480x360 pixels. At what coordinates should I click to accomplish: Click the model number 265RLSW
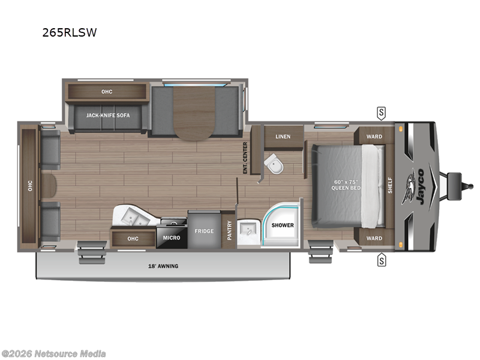(x=69, y=33)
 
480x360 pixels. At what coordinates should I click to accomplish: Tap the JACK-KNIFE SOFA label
(x=108, y=115)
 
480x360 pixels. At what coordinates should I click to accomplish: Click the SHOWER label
(x=283, y=225)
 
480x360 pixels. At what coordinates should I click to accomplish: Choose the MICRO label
(x=171, y=238)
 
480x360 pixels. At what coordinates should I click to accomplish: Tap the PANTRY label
(x=229, y=231)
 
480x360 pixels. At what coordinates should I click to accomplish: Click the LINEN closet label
(x=283, y=137)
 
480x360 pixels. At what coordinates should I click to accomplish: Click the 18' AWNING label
(x=164, y=266)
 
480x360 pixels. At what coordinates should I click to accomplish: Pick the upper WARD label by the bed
(x=374, y=136)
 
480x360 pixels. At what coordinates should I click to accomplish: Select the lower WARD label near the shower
(x=374, y=238)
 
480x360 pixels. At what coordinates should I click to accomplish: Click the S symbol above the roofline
(x=381, y=112)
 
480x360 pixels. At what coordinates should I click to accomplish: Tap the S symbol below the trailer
(x=381, y=260)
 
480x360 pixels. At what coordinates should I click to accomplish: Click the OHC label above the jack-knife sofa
(x=107, y=91)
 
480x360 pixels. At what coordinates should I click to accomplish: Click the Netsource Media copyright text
(x=54, y=353)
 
